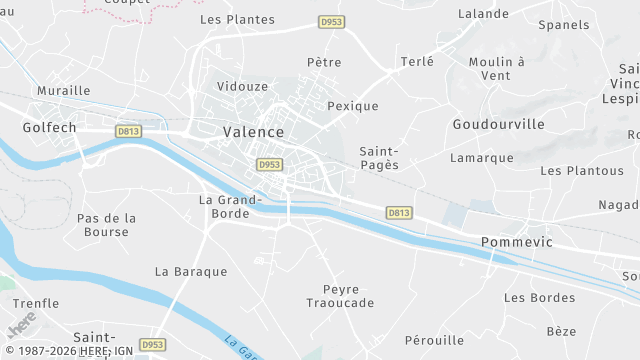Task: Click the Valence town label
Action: (253, 132)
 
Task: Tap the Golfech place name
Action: (50, 127)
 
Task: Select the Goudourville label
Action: (498, 124)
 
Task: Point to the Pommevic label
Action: (518, 242)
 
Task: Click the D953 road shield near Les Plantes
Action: (331, 21)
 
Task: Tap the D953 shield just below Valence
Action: (269, 164)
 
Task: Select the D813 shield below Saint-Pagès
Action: (399, 212)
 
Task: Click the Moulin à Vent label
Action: (496, 68)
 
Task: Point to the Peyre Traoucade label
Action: (340, 295)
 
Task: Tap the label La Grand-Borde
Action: (230, 206)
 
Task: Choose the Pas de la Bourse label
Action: (107, 225)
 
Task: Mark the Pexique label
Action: (353, 106)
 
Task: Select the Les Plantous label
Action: (582, 171)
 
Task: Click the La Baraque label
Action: (191, 271)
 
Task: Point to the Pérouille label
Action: (435, 340)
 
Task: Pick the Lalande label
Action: (484, 14)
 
